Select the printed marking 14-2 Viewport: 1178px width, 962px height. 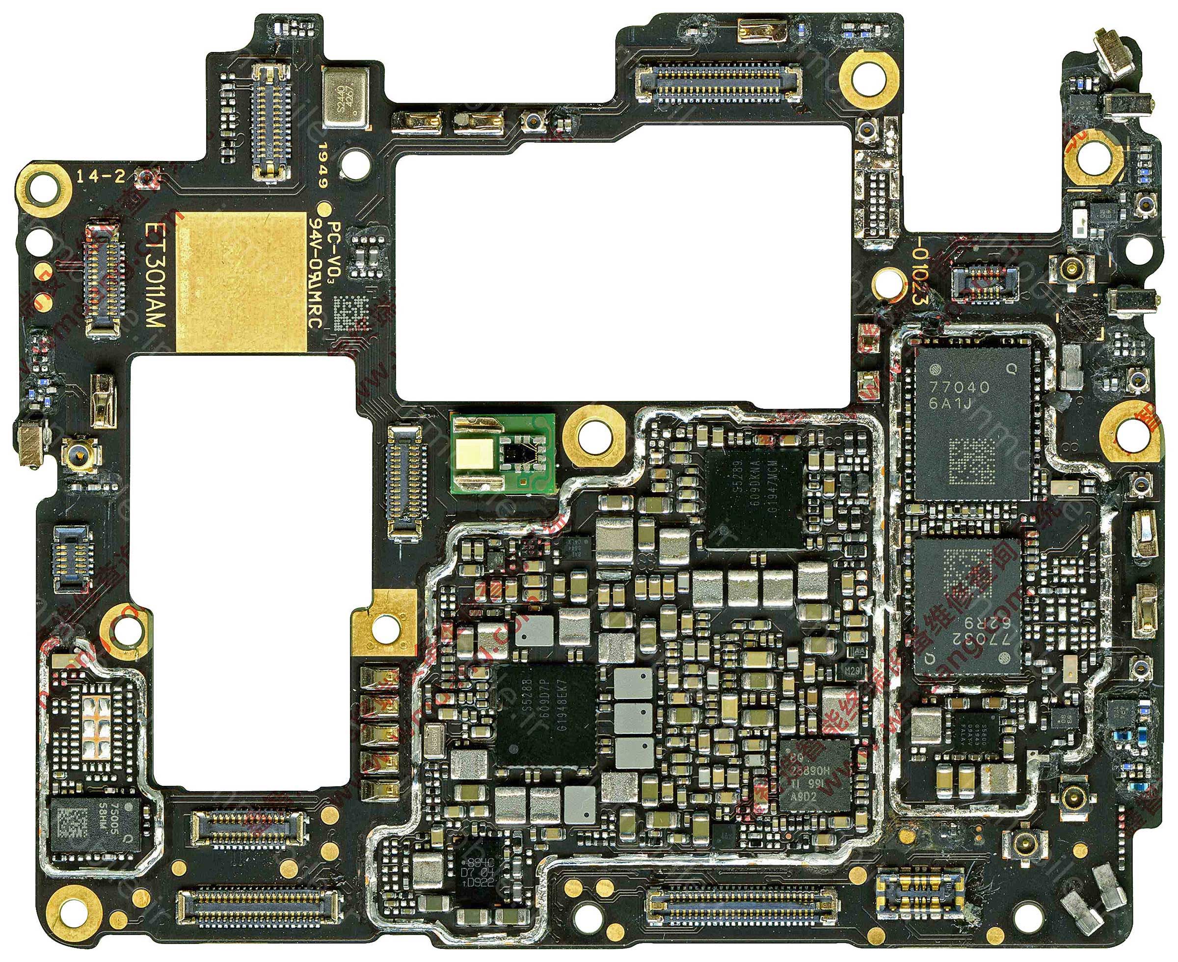pos(100,177)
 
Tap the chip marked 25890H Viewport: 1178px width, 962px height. pos(814,774)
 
